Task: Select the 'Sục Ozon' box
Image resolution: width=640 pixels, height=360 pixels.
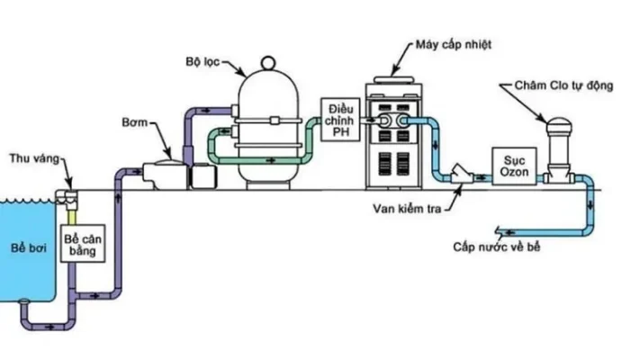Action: (x=509, y=165)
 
